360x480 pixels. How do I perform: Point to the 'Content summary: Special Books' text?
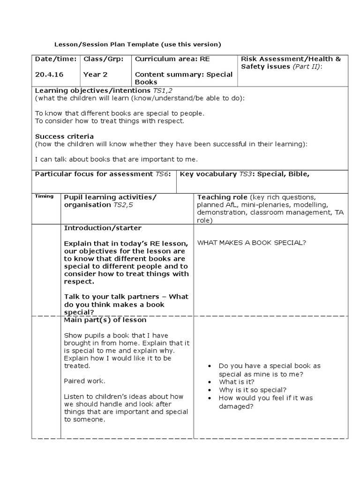pyautogui.click(x=183, y=78)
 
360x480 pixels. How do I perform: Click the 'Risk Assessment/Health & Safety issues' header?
pyautogui.click(x=291, y=63)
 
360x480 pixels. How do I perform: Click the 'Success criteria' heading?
pyautogui.click(x=64, y=136)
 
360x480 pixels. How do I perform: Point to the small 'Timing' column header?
pyautogui.click(x=44, y=196)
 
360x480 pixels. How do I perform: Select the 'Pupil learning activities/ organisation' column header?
pyautogui.click(x=110, y=201)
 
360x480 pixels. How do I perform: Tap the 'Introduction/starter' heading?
pyautogui.click(x=103, y=228)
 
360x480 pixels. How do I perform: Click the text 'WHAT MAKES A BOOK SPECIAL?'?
pyautogui.click(x=252, y=242)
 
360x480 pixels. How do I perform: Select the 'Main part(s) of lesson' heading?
pyautogui.click(x=105, y=320)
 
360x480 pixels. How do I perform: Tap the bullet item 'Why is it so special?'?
pyautogui.click(x=253, y=390)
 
